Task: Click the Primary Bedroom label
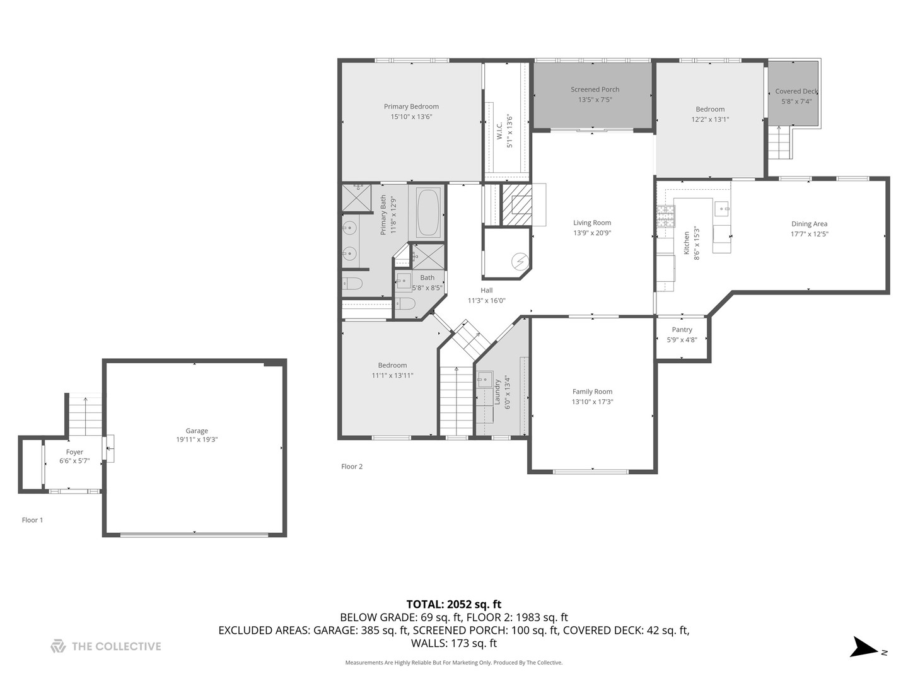(411, 107)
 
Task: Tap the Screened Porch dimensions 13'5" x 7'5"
(595, 100)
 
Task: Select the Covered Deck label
(796, 91)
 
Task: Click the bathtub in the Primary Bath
(428, 212)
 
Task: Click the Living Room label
(591, 223)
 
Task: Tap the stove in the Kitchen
(665, 216)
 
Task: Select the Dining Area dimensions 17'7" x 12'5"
(809, 234)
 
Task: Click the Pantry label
(682, 330)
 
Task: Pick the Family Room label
(592, 392)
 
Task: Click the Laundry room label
(498, 392)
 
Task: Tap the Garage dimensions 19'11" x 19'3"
(197, 440)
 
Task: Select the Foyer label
(74, 452)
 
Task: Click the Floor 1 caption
(33, 520)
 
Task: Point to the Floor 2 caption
(352, 467)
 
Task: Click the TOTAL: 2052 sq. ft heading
(453, 604)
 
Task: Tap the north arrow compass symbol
(864, 648)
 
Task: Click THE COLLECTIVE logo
(106, 646)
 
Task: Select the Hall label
(486, 291)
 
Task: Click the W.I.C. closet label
(499, 131)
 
